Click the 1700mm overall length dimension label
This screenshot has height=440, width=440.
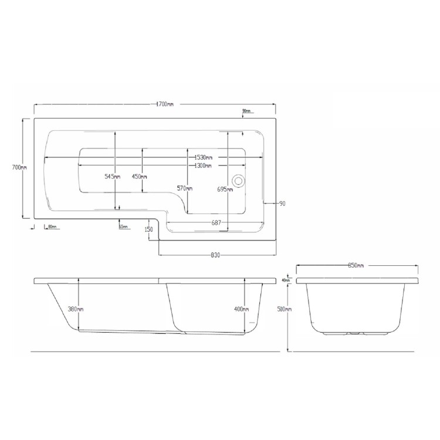[x=165, y=104]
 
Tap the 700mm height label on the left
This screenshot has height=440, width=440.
[x=19, y=167]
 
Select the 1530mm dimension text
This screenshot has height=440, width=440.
[x=203, y=157]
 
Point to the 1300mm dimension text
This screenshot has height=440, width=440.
[x=203, y=165]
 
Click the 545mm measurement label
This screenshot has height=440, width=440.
[x=113, y=177]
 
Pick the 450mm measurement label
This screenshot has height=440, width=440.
[x=140, y=177]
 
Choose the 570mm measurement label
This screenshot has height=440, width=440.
[x=185, y=188]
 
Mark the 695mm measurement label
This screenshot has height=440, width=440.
[x=225, y=188]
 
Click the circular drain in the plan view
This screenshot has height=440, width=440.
[x=239, y=181]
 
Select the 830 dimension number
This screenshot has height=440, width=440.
[x=215, y=255]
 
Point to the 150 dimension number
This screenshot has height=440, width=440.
[x=148, y=229]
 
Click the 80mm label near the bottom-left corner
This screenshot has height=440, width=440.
[x=52, y=226]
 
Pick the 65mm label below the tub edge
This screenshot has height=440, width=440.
[x=123, y=226]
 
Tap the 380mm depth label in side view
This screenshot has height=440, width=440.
[x=75, y=309]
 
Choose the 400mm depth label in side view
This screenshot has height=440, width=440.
[x=241, y=309]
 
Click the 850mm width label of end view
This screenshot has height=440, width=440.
[x=356, y=266]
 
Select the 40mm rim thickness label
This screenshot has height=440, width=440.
[x=286, y=280]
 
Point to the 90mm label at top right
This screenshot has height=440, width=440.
[x=246, y=111]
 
